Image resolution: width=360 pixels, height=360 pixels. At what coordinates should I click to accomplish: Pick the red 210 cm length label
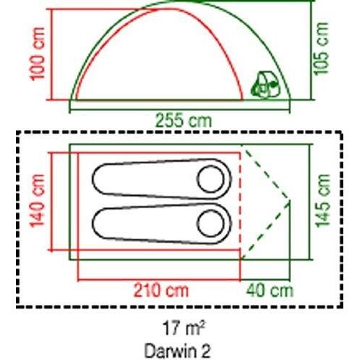[159, 291]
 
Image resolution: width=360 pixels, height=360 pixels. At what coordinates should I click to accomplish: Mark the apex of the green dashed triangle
[291, 201]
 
